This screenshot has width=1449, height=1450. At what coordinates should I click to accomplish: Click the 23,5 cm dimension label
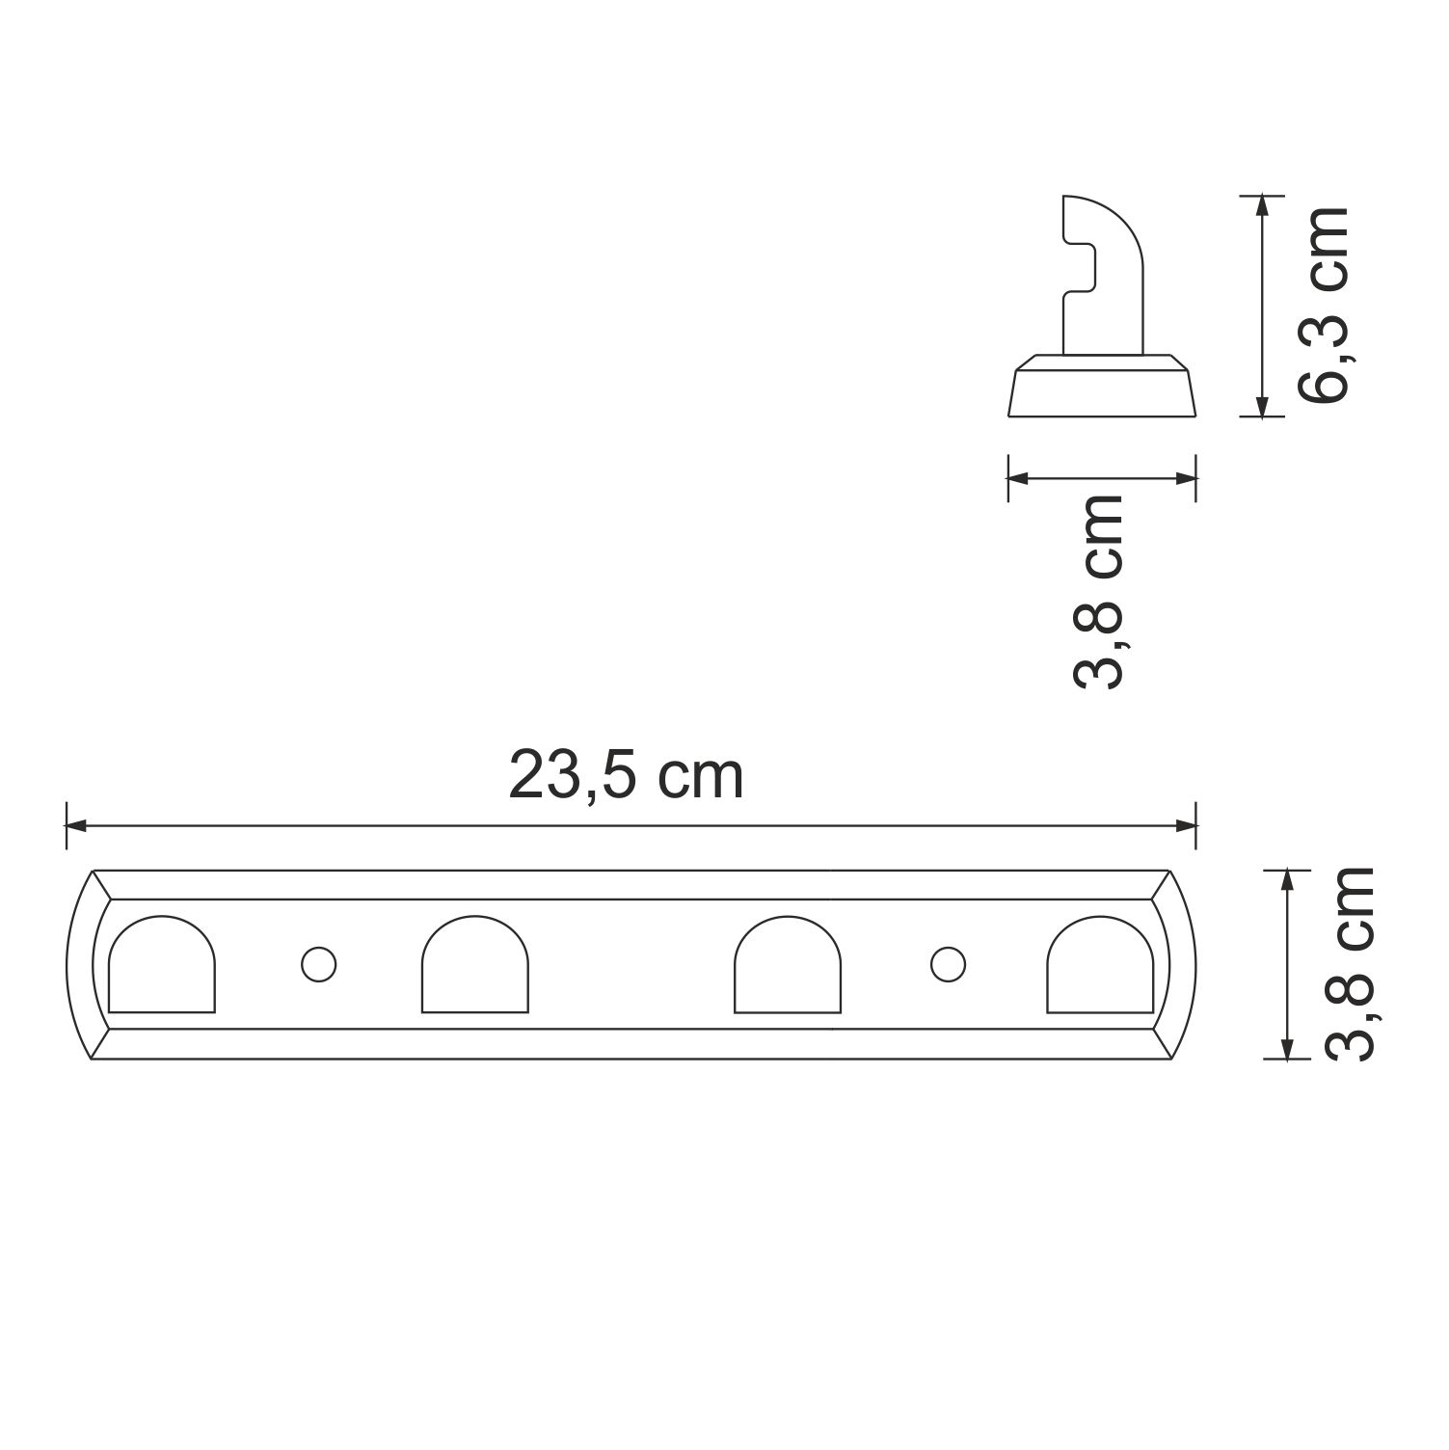(627, 776)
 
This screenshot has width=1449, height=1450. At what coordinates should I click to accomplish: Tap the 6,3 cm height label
(1324, 305)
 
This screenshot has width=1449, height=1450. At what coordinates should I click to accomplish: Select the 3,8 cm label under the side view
(1098, 592)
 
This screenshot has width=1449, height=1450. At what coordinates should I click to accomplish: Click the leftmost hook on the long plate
(162, 966)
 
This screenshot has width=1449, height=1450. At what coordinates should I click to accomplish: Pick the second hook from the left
(475, 966)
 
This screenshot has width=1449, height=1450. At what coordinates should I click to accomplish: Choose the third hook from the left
(788, 966)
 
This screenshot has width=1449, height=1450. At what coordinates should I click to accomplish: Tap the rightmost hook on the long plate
(1100, 966)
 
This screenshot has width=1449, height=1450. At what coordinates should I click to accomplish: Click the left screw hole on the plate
(317, 964)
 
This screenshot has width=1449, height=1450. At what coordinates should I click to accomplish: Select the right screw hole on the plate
(946, 964)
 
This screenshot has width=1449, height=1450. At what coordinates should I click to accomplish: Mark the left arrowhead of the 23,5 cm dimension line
(76, 826)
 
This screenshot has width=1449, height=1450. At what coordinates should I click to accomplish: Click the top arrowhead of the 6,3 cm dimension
(1260, 205)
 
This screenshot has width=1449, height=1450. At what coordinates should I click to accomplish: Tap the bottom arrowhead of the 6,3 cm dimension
(1260, 406)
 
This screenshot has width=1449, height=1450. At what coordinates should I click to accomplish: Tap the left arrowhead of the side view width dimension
(1019, 477)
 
